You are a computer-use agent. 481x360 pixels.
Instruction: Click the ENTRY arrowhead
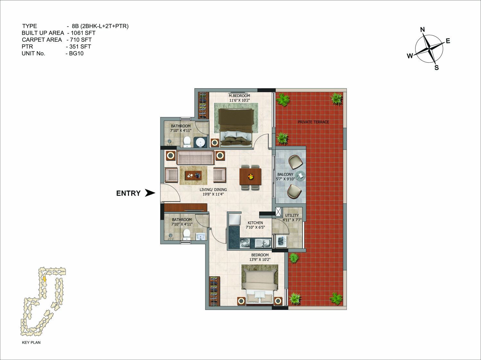pos(150,193)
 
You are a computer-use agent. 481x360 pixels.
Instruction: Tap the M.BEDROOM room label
pos(239,96)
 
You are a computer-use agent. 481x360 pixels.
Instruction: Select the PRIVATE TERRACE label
pos(313,122)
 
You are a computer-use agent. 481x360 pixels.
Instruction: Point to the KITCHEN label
pos(255,223)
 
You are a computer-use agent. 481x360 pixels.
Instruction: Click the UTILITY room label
pos(292,215)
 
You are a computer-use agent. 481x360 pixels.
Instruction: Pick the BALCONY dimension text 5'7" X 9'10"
pos(285,179)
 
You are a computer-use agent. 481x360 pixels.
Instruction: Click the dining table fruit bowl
pos(250,176)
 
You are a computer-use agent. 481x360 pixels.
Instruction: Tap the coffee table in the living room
pos(40,175)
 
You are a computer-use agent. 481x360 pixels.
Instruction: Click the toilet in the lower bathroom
pos(186,235)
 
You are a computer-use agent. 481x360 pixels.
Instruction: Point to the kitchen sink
pos(263,243)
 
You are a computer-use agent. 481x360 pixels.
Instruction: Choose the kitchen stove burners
pos(245,243)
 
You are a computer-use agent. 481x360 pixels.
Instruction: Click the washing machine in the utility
pos(281,242)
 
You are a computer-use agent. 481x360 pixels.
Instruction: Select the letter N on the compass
pos(422,30)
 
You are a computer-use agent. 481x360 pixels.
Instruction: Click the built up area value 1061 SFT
pos(83,33)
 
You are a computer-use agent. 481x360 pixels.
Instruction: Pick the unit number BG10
pos(76,54)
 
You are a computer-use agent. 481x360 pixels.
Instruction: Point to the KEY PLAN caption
pos(31,342)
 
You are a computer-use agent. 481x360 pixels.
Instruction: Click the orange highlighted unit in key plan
pos(45,279)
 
